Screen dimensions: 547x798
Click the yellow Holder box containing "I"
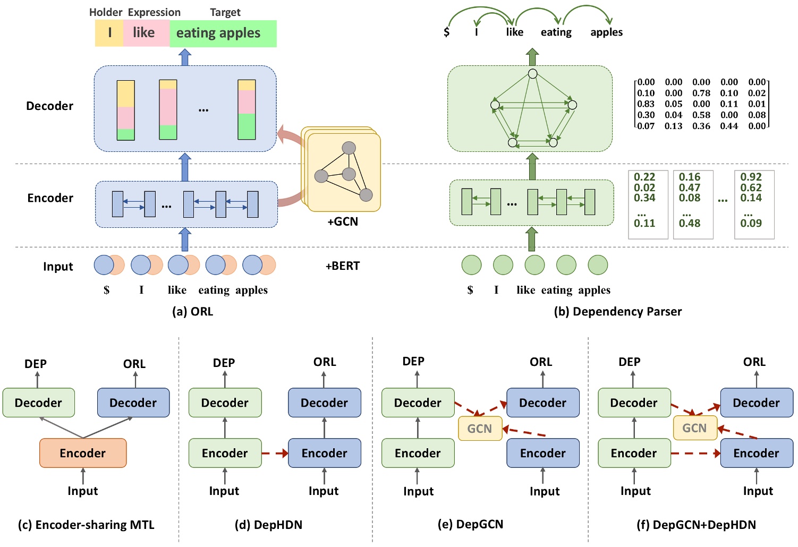tap(109, 33)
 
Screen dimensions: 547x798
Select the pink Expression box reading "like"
tap(144, 33)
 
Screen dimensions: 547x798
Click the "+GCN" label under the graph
tap(343, 221)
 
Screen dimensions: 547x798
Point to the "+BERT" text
tap(343, 266)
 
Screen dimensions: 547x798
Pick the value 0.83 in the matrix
tap(646, 104)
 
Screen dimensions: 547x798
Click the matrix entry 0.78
tap(701, 93)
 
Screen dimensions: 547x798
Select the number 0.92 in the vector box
tap(751, 177)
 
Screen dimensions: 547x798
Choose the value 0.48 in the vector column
tap(690, 223)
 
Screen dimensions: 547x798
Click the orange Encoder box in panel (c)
tap(83, 453)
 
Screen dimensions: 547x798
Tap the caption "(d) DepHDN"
tap(268, 525)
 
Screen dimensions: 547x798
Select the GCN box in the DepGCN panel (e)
tap(480, 429)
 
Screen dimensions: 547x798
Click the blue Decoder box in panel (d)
tap(324, 403)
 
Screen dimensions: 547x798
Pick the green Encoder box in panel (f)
tap(634, 453)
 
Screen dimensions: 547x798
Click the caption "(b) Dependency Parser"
tap(617, 311)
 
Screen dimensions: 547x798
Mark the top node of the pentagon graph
tap(533, 74)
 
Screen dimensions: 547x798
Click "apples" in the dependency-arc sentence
tap(606, 32)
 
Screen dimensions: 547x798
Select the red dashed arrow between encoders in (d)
tap(275, 454)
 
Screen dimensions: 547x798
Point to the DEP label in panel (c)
tap(36, 364)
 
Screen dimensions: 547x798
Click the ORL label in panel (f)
tap(754, 362)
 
